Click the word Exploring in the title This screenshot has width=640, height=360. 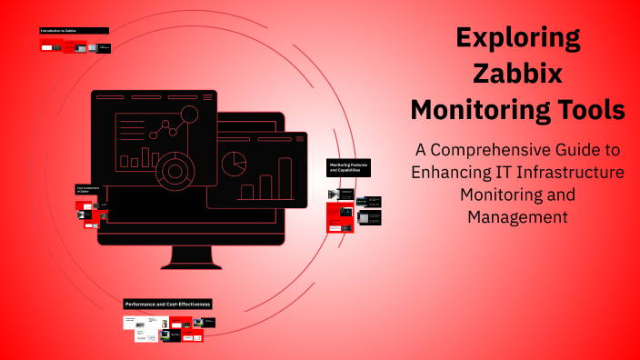[x=517, y=38]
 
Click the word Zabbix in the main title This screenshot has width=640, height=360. [x=517, y=74]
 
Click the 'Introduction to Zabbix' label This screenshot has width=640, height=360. [x=74, y=31]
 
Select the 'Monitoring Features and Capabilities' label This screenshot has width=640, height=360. [x=348, y=167]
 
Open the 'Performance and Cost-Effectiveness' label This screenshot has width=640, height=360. [x=167, y=304]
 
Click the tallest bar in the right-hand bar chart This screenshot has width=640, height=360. [x=285, y=178]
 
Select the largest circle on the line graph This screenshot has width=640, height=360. [x=189, y=115]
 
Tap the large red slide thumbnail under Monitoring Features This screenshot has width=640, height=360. [x=340, y=217]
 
